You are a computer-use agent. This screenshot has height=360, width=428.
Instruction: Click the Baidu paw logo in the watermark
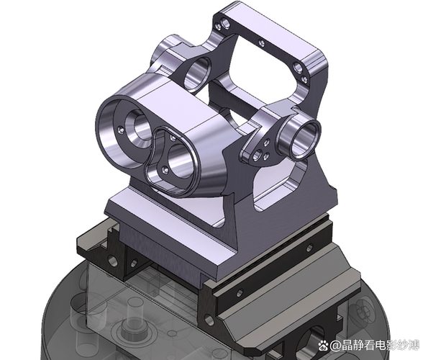tap(323, 346)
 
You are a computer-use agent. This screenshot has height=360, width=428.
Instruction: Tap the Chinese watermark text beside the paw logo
tap(375, 346)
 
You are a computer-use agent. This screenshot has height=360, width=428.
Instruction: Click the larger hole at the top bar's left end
tap(226, 23)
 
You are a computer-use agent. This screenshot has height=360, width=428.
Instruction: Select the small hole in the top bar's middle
tap(262, 43)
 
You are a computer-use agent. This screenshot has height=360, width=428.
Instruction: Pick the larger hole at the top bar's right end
tap(298, 67)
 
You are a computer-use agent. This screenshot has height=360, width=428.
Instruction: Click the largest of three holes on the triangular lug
tap(257, 156)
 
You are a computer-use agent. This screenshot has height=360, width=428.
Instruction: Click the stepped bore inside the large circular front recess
tap(140, 127)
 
